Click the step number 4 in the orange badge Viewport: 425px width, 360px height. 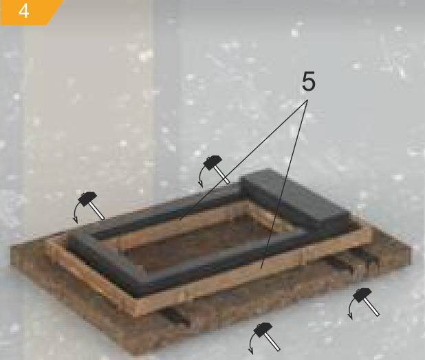point(23,12)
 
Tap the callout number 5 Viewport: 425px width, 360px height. point(309,81)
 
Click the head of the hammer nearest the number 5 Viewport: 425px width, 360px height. point(212,162)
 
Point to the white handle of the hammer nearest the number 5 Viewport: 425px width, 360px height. point(222,175)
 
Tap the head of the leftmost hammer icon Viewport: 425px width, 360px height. point(87,199)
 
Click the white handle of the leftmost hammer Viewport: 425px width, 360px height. point(96,211)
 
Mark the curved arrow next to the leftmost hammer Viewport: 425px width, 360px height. point(75,213)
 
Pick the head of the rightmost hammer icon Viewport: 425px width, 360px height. point(362,295)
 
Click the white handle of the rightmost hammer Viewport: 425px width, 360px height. point(371,307)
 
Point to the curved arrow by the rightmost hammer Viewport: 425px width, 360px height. point(350,308)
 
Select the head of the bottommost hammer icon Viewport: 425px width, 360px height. point(263,330)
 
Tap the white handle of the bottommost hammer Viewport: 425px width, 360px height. point(272,342)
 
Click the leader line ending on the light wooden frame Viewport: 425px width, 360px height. point(284,184)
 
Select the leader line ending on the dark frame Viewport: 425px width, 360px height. point(243,160)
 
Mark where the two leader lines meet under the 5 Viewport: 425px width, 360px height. point(308,100)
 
